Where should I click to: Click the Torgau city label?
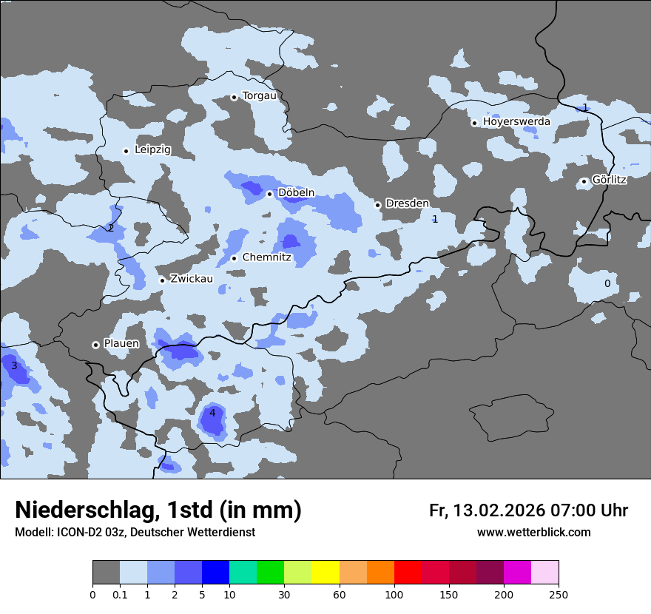pos(259,96)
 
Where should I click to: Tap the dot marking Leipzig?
pos(127,151)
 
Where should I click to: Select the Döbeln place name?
pos(296,193)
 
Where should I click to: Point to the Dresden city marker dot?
pos(377,205)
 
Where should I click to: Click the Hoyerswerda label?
pos(516,121)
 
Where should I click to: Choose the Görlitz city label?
pos(609,180)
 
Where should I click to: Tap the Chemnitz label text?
pos(266,258)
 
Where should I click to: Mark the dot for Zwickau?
pos(162,280)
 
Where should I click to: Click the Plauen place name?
pos(121,344)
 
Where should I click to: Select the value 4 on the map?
pos(212,413)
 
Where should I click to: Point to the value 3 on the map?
pos(14,366)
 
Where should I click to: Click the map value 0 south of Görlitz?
pos(607,283)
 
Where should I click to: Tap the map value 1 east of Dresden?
pos(435,219)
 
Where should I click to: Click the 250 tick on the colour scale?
pos(558,594)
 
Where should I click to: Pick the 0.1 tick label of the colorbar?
pos(120,594)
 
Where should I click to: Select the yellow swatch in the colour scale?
pos(325,573)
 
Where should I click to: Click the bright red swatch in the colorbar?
pos(408,573)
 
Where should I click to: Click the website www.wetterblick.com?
pos(533,533)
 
